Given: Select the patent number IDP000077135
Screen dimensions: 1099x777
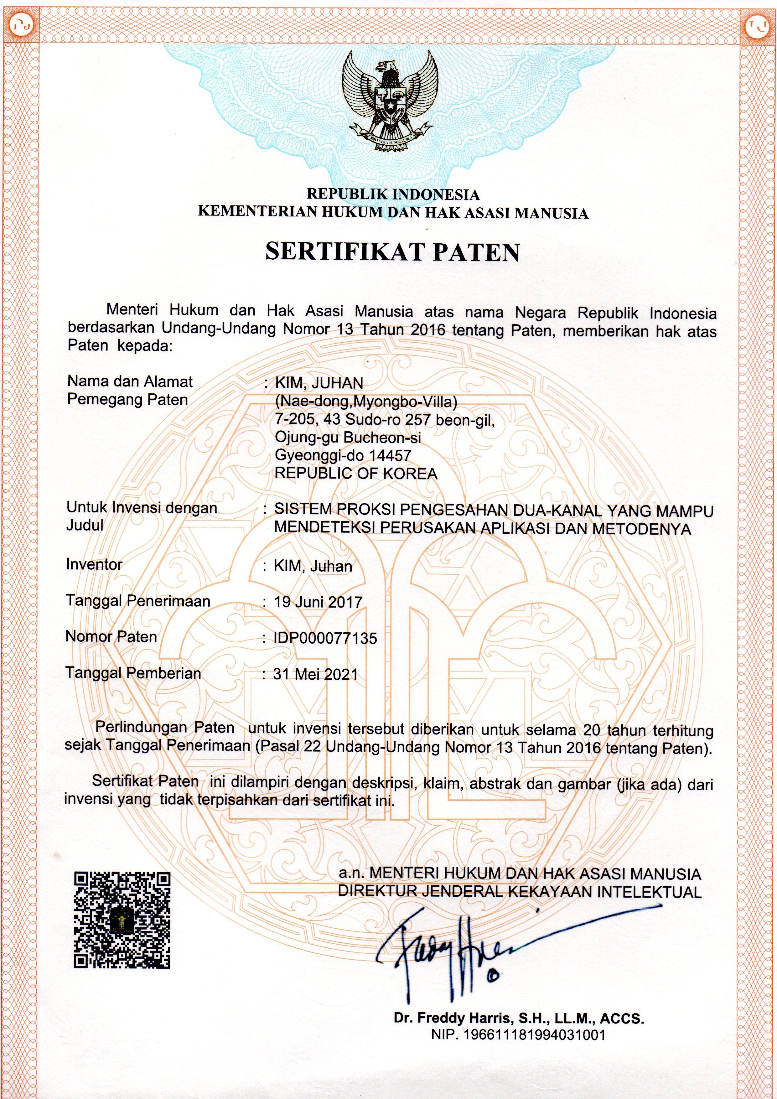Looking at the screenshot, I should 325,638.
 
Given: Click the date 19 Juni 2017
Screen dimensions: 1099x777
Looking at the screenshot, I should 318,602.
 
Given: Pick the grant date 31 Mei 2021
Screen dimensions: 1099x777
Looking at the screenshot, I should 315,674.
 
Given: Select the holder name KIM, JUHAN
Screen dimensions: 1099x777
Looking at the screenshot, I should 319,383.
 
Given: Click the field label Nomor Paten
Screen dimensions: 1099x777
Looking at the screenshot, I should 111,637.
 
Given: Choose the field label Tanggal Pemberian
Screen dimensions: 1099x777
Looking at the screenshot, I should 133,673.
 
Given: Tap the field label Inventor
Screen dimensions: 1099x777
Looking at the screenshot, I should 94,564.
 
